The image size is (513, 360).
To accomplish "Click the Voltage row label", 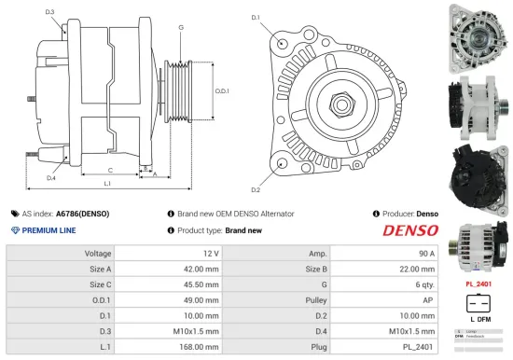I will click(x=98, y=253).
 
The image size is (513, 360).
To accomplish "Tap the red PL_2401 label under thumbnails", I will click(x=478, y=283).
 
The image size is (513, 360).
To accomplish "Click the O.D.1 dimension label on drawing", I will click(x=222, y=90).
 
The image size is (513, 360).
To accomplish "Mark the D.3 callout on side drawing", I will click(x=49, y=12).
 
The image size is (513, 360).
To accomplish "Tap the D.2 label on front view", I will click(x=256, y=163).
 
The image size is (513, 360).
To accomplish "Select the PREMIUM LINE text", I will click(x=49, y=229).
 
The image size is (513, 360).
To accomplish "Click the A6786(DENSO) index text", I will click(x=82, y=214).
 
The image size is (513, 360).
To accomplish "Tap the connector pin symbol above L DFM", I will click(x=478, y=304).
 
